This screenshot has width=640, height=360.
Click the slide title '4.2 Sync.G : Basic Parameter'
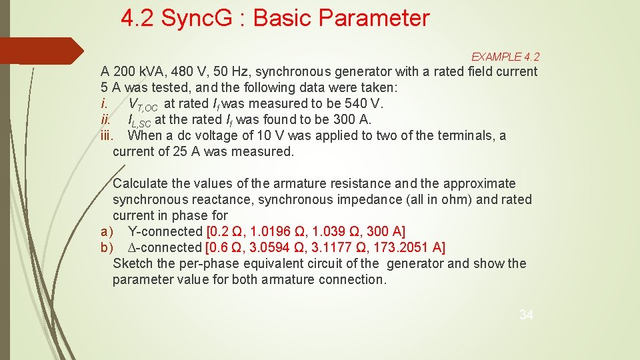point(275,18)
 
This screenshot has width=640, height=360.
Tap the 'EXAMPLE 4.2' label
point(505,57)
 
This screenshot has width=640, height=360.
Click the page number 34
point(526,315)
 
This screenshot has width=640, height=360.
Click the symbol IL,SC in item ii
point(139,121)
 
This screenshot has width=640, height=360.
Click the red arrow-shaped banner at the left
point(40,51)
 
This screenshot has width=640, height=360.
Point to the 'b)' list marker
point(107,247)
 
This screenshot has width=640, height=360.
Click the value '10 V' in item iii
point(258,135)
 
